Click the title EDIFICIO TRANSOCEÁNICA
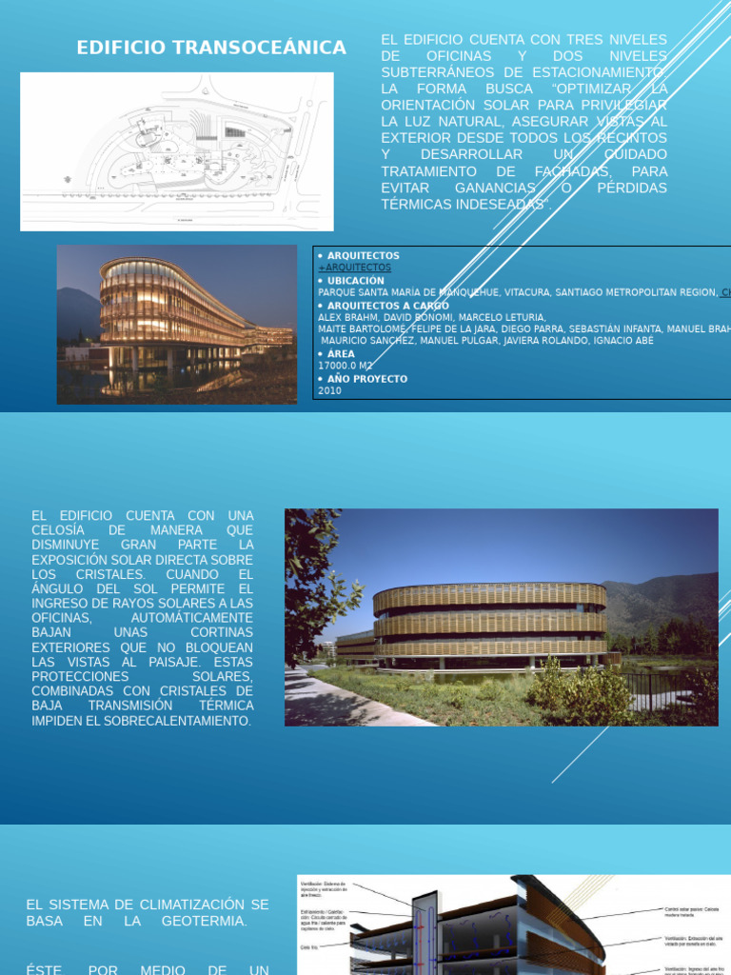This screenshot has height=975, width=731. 211,47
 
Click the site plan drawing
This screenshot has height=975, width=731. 177,151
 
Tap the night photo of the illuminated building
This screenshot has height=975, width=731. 176,324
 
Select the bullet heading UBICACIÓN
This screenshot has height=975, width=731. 355,281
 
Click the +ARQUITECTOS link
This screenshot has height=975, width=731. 354,268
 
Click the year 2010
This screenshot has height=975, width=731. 329,390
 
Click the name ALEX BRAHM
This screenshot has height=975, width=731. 347,317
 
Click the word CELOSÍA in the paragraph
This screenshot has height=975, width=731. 58,530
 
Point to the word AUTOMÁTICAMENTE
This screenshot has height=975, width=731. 195,618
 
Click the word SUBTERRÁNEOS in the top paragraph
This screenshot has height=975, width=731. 433,72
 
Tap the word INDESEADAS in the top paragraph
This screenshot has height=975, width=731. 491,205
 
